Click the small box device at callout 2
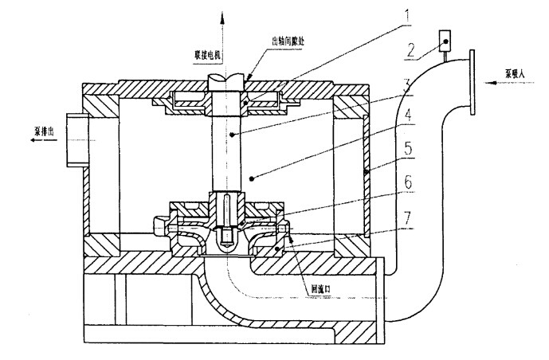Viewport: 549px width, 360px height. (x=444, y=39)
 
